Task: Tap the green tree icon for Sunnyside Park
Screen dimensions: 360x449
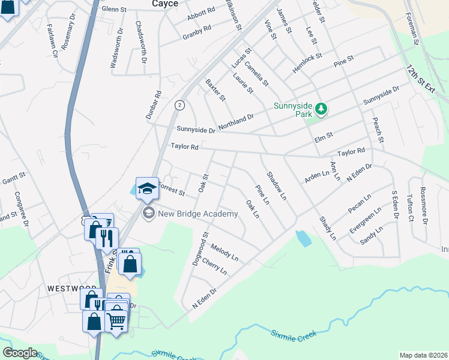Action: click(x=322, y=108)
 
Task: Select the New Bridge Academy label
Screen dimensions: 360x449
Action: click(x=198, y=214)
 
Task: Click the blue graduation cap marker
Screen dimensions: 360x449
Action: click(x=146, y=188)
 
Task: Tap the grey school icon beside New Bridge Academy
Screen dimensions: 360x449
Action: click(x=148, y=213)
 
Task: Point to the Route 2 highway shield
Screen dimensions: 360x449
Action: click(x=179, y=105)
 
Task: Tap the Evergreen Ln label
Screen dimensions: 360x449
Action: click(x=366, y=223)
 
